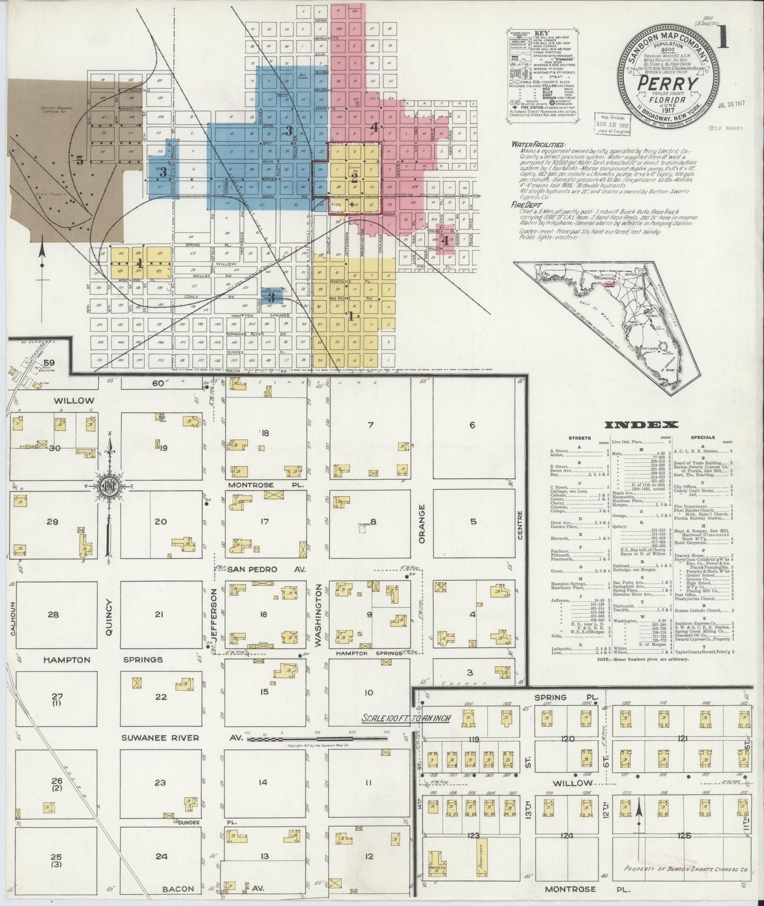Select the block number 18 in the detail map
point(265,433)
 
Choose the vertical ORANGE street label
point(422,524)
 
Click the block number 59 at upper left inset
point(49,362)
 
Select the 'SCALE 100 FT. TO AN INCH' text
point(406,719)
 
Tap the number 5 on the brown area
point(80,161)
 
